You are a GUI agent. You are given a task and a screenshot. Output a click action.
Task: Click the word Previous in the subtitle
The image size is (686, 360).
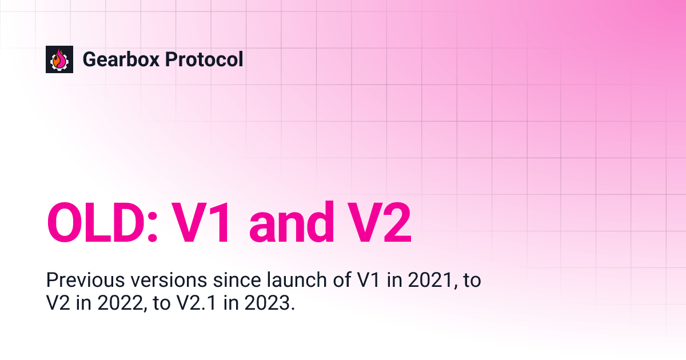78,281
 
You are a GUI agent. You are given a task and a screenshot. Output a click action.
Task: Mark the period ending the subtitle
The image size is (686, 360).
293,309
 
